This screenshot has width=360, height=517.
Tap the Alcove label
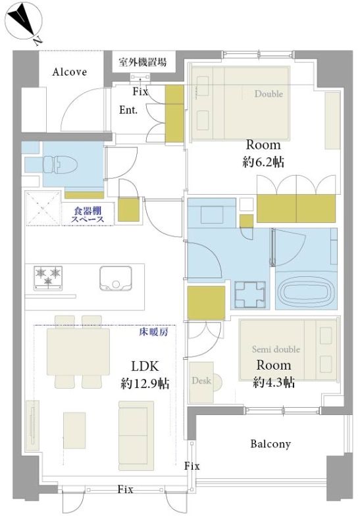pos(70,72)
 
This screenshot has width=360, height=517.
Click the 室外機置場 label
pos(143,62)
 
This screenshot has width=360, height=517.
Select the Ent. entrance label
pos(128,110)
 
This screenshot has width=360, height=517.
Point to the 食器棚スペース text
pos(88,214)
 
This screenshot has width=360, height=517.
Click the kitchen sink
pos(115,278)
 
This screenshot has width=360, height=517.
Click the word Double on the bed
pos(269,93)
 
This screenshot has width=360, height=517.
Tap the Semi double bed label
pos(276,349)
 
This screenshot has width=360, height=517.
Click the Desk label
pos(201,380)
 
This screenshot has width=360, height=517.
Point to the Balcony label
pos(270,444)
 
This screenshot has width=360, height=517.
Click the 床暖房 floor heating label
pos(154,332)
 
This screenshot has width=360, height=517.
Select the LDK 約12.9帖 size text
pos(145,374)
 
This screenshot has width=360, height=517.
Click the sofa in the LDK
pos(136,435)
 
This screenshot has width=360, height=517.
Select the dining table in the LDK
pos(78,352)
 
